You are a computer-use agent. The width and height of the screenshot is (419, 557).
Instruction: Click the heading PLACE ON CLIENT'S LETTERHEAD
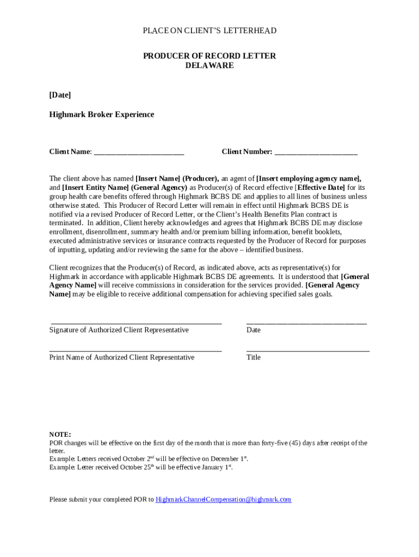point(209,30)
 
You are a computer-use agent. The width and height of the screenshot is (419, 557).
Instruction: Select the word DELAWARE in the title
point(209,65)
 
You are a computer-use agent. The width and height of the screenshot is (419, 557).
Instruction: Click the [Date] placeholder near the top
point(60,95)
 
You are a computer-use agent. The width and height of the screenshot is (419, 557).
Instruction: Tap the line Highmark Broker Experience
point(102,115)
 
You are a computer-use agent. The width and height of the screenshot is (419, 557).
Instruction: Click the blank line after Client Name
point(139,153)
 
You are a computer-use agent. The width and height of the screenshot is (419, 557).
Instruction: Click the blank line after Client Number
point(316,153)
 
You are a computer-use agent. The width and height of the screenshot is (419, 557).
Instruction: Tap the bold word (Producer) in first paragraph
point(201,178)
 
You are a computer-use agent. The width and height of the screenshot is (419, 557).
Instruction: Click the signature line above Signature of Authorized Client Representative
point(135,323)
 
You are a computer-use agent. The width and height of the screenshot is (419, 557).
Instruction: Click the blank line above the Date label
point(306,323)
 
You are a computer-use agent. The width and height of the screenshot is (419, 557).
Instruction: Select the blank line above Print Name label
point(135,351)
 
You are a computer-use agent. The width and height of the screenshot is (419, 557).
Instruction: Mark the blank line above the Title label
point(307,351)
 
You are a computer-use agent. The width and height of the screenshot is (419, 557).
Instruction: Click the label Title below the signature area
point(253,357)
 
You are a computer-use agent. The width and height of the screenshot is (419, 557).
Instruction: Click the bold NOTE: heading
point(60,435)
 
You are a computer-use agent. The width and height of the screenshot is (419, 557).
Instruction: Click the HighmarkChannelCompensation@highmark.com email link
point(223,499)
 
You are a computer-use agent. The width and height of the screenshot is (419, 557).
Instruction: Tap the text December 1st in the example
point(229,459)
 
